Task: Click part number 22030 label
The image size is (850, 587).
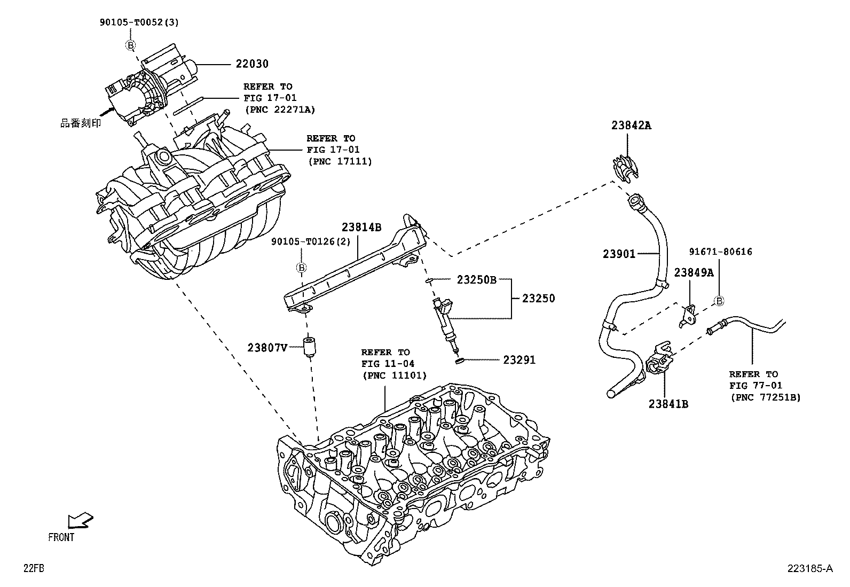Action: pyautogui.click(x=252, y=64)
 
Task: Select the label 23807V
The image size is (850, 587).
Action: pyautogui.click(x=267, y=348)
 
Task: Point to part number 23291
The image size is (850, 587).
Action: pyautogui.click(x=519, y=361)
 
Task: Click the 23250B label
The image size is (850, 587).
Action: pyautogui.click(x=476, y=279)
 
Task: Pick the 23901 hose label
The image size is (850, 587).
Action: pyautogui.click(x=619, y=254)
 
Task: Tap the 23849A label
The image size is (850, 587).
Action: pyautogui.click(x=694, y=273)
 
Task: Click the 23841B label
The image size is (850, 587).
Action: pyautogui.click(x=668, y=404)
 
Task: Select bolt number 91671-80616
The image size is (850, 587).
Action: pyautogui.click(x=720, y=252)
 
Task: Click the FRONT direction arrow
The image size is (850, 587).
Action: pyautogui.click(x=80, y=521)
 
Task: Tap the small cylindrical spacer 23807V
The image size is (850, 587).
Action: pyautogui.click(x=308, y=348)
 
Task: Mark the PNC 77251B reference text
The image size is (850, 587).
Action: pyautogui.click(x=765, y=397)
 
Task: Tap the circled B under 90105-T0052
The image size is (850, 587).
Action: pyautogui.click(x=130, y=45)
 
